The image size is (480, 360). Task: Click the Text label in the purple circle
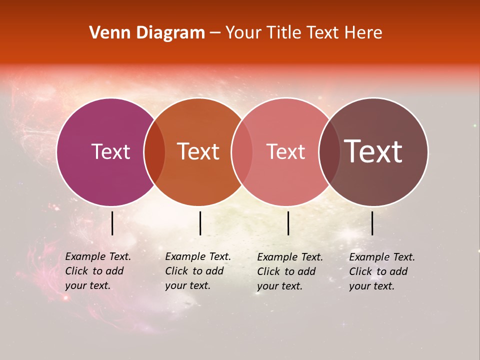point(110,151)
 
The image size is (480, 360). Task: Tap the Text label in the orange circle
point(198,151)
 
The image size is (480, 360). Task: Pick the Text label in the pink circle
point(285,151)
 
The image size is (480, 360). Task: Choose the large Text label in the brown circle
point(373,151)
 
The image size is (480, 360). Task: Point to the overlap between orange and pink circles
point(242,152)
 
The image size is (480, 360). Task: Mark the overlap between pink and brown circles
point(329,152)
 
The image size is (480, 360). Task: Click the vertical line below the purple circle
point(112,223)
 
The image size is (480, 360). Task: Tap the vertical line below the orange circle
point(200,223)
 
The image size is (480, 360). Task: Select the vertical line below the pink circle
point(288,223)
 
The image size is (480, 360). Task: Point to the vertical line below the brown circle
point(372,223)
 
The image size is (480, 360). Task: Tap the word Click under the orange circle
point(176,271)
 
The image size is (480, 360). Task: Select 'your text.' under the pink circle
point(279,286)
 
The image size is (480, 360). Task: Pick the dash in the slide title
point(215,33)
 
